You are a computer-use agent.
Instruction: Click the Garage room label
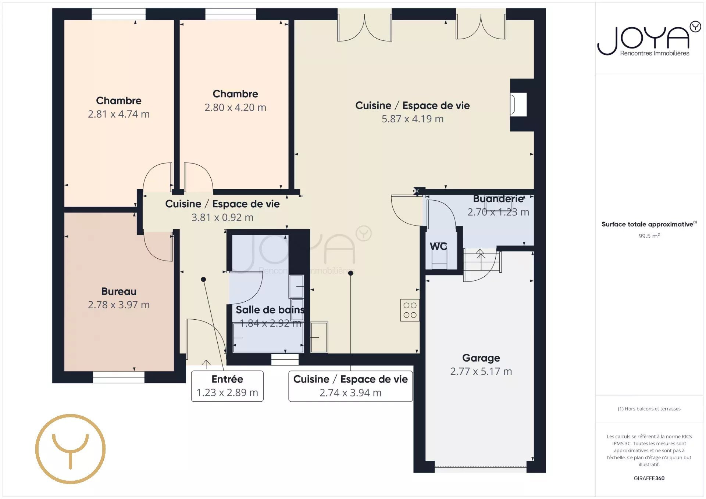coord(481,358)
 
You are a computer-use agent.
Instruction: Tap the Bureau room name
coord(119,291)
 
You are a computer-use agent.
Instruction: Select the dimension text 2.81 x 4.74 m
coord(119,114)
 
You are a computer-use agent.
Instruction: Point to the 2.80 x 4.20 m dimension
coord(235,108)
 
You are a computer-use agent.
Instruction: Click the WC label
coord(438,246)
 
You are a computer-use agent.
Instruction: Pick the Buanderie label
coord(498,199)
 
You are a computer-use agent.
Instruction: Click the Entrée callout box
coord(227,386)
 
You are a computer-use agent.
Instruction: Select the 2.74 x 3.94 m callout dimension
coord(350,393)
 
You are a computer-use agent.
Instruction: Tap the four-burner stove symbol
coord(410,310)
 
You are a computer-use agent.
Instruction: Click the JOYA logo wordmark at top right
coord(649,39)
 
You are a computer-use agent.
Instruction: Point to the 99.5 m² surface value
coord(649,236)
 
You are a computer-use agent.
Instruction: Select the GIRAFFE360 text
coord(649,478)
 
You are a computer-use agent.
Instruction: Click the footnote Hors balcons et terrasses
coord(649,409)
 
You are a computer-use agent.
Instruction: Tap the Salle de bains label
coord(270,310)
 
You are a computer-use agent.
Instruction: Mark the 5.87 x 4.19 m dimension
coord(413,119)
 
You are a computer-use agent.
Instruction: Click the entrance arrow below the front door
coord(206,364)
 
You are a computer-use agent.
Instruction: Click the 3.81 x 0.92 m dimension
coord(222,218)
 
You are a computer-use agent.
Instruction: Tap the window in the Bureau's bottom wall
coord(118,377)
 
